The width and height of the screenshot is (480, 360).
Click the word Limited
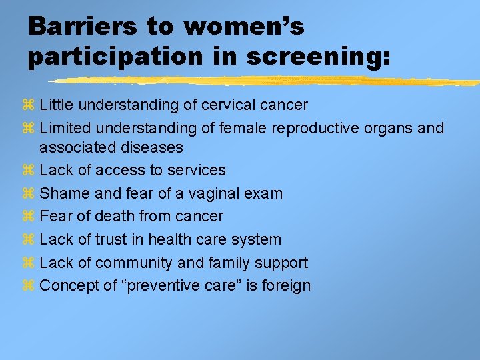(x=65, y=127)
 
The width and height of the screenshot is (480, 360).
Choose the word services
(x=197, y=170)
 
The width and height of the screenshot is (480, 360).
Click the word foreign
(x=286, y=285)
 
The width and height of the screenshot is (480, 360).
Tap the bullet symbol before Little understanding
(x=27, y=105)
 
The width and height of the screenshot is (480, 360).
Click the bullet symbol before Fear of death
(x=27, y=217)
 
